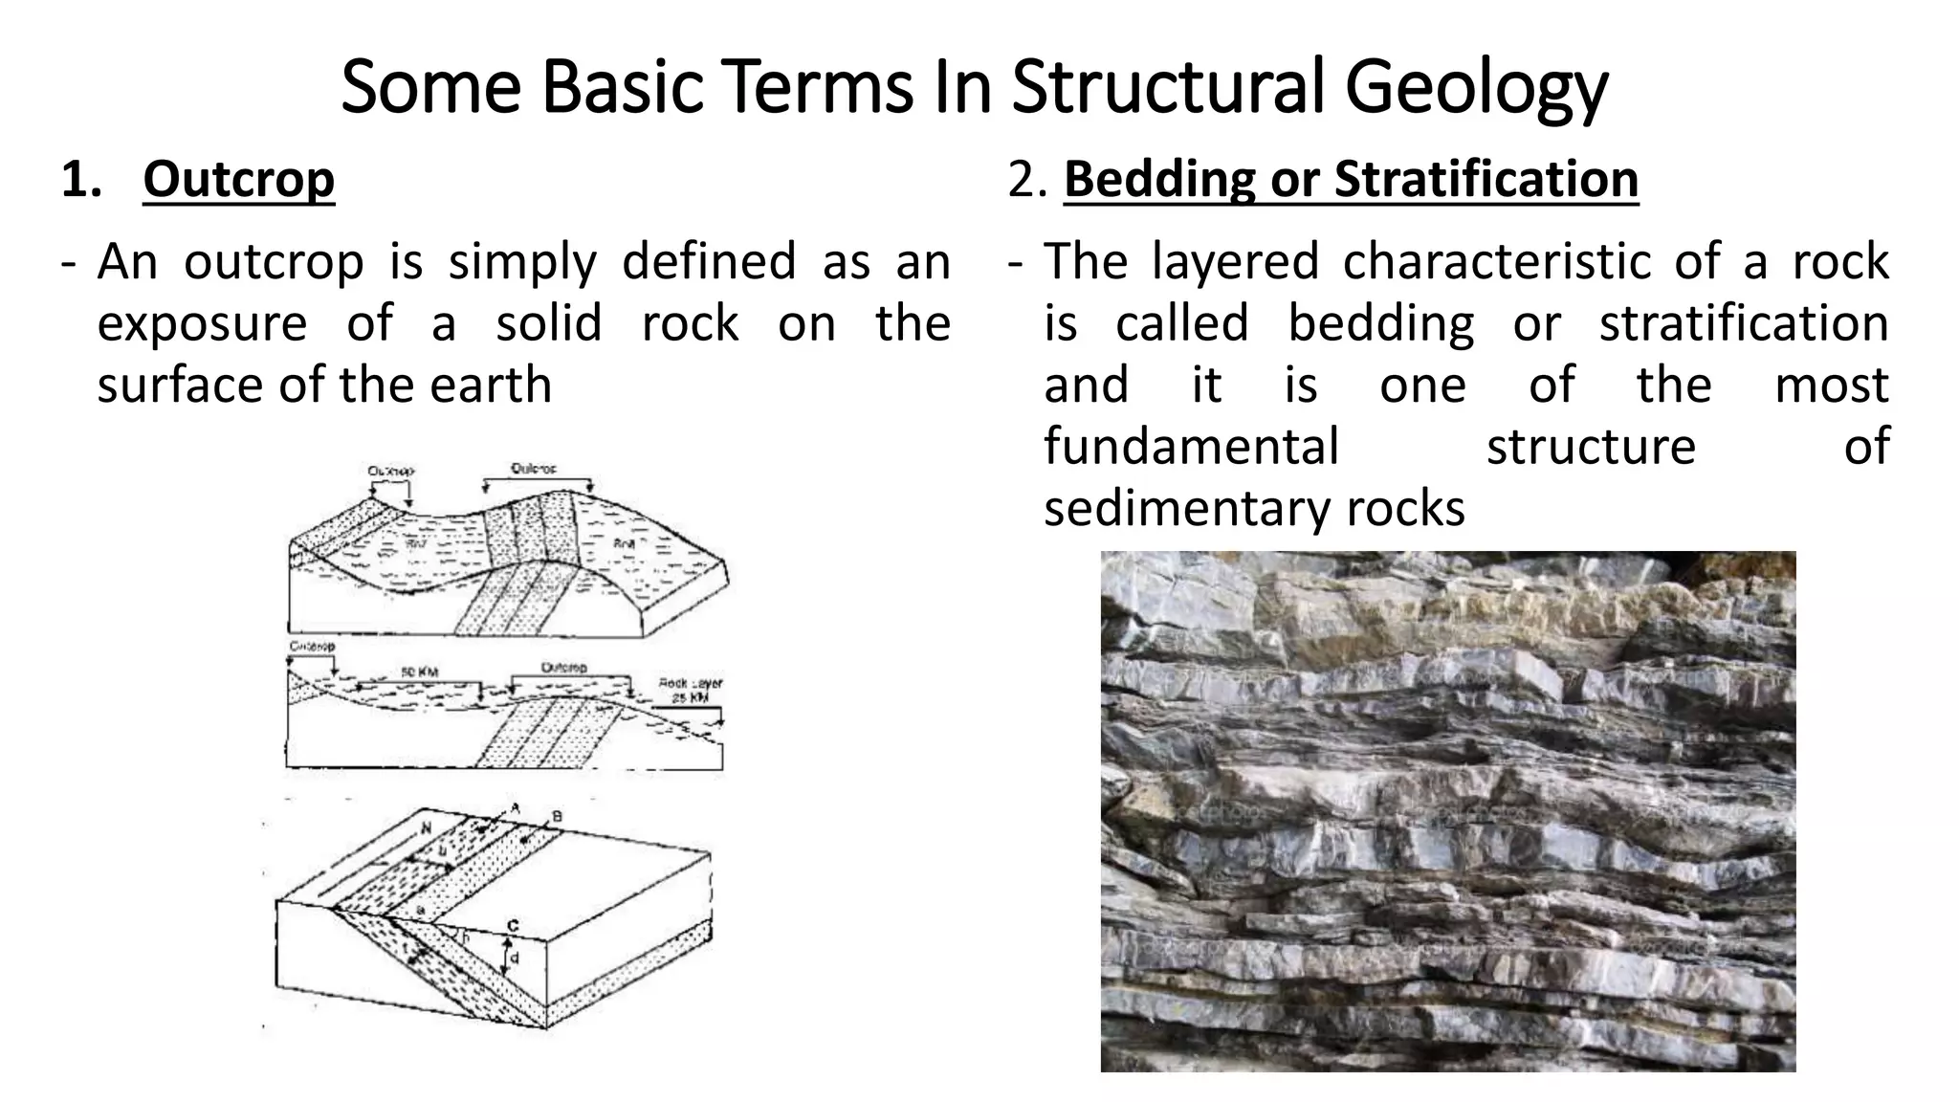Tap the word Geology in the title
[x=1476, y=88]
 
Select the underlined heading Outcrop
[x=238, y=179]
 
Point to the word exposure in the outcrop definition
[x=202, y=323]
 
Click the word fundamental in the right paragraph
[x=1191, y=446]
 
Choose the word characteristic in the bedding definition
[x=1496, y=261]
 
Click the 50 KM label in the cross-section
[x=419, y=672]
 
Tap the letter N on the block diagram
[x=427, y=825]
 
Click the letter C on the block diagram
[x=513, y=926]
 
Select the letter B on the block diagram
[x=557, y=817]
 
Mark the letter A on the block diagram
[x=515, y=808]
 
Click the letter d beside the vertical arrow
[x=515, y=958]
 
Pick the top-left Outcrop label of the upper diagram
[x=391, y=472]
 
